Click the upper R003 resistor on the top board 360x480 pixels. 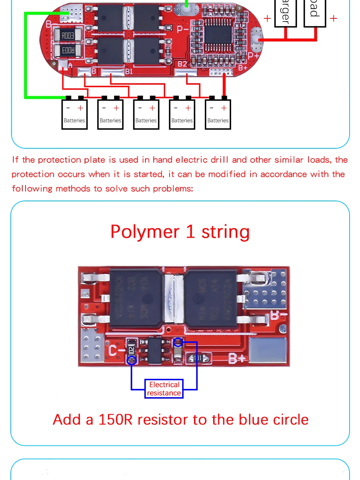67,35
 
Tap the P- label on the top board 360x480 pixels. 183,29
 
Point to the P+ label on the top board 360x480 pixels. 253,56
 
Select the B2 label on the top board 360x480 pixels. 183,64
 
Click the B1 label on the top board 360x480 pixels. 129,71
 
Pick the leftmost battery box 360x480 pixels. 75,115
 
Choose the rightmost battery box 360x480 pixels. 218,115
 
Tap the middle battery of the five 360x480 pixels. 146,115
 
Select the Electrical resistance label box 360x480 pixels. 164,389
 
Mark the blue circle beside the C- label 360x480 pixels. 132,360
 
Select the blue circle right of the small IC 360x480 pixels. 178,342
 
